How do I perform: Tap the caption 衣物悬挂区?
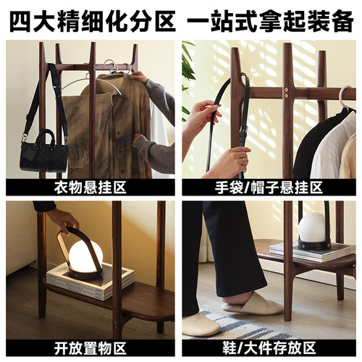coord(90,188)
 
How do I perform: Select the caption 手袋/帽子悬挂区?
coord(271,188)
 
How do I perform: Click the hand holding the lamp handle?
coord(64,219)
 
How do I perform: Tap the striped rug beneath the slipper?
coord(217,326)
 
